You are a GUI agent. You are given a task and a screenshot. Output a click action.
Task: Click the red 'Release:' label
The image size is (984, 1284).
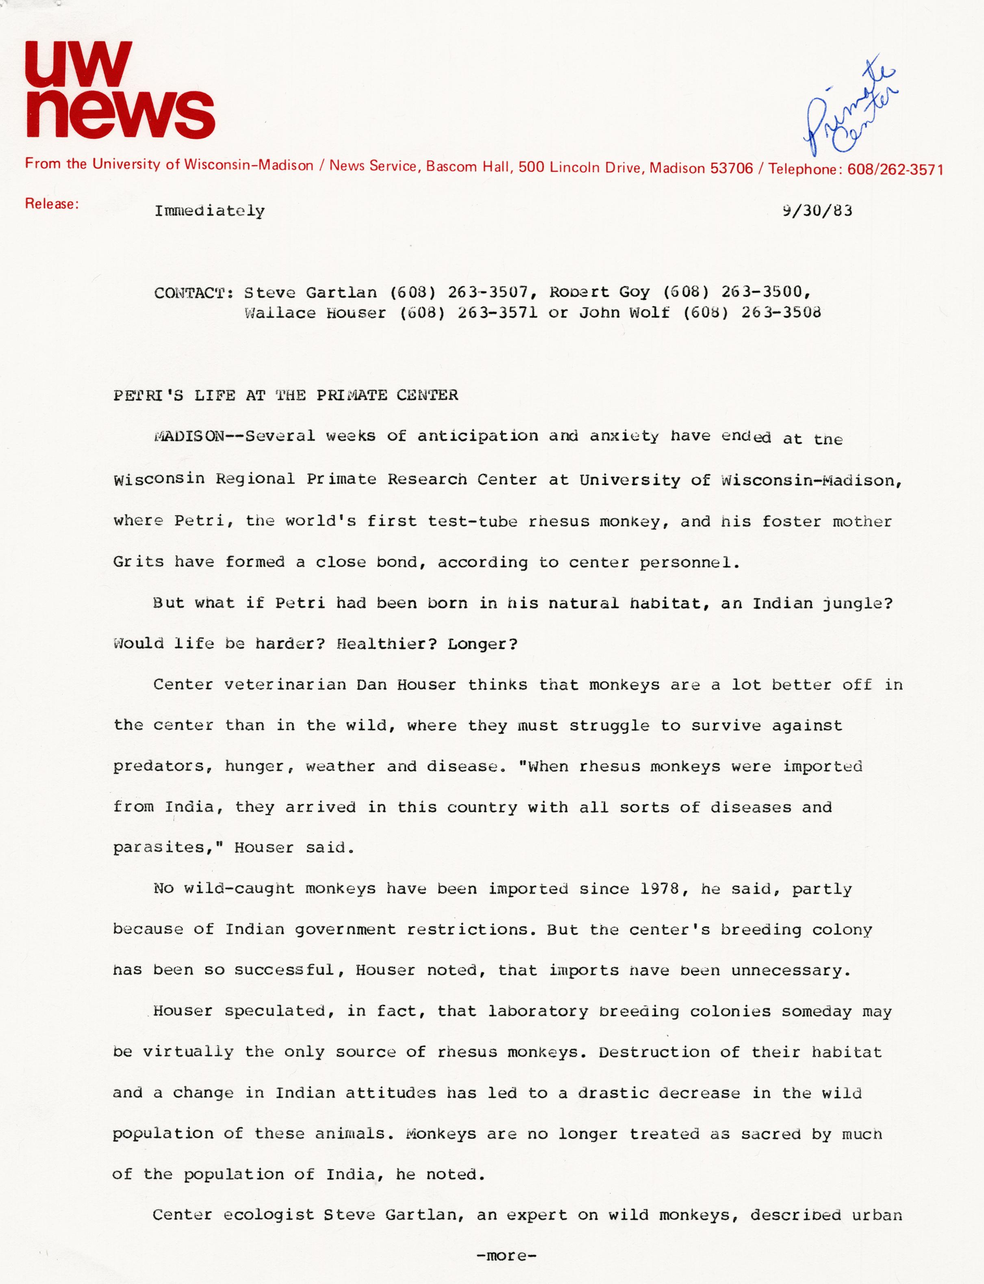pyautogui.click(x=52, y=204)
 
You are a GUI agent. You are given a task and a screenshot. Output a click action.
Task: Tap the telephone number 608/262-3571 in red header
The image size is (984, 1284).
pyautogui.click(x=895, y=170)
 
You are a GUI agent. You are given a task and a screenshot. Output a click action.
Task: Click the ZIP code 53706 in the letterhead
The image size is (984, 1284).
pyautogui.click(x=731, y=169)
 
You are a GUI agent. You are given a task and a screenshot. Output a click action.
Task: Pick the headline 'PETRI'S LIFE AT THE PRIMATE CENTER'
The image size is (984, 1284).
pyautogui.click(x=285, y=395)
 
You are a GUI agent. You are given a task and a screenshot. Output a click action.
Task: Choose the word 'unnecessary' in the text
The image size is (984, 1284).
pyautogui.click(x=788, y=971)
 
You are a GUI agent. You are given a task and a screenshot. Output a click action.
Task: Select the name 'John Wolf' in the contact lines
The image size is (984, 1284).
pyautogui.click(x=624, y=313)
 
